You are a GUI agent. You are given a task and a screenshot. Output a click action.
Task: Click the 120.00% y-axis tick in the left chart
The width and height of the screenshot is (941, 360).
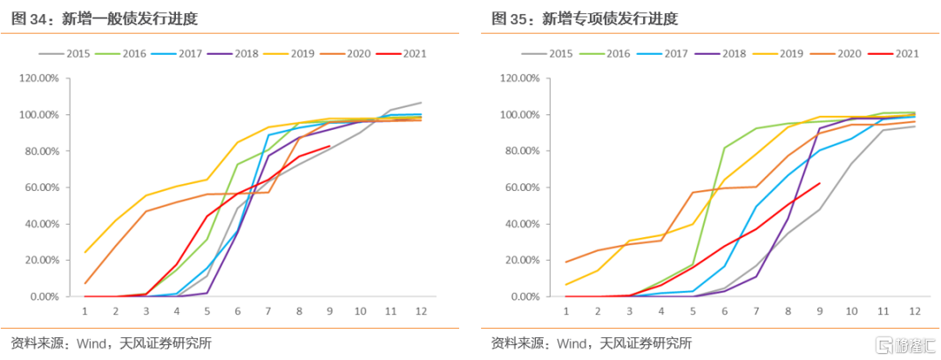click(x=39, y=78)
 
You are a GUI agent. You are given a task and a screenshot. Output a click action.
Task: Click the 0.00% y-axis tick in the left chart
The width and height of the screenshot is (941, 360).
click(x=44, y=296)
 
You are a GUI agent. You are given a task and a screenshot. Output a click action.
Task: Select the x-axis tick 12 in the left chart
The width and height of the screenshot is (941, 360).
click(x=421, y=310)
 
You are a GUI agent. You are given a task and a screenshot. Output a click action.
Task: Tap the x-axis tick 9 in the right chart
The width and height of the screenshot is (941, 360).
click(x=820, y=310)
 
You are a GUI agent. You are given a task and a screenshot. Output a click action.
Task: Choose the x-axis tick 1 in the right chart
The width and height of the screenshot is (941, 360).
click(x=566, y=310)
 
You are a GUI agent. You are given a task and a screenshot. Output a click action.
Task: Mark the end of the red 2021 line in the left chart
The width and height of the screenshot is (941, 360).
click(x=329, y=146)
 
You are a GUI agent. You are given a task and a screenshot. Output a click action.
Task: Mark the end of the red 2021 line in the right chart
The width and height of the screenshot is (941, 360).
click(x=820, y=183)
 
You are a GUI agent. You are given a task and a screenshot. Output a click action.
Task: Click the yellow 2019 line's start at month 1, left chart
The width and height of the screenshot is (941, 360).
click(x=85, y=253)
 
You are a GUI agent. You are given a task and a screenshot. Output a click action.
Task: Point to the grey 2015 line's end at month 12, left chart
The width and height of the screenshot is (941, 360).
click(x=421, y=103)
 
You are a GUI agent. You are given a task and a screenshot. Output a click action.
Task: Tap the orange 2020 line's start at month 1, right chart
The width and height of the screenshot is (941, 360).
click(x=566, y=262)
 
